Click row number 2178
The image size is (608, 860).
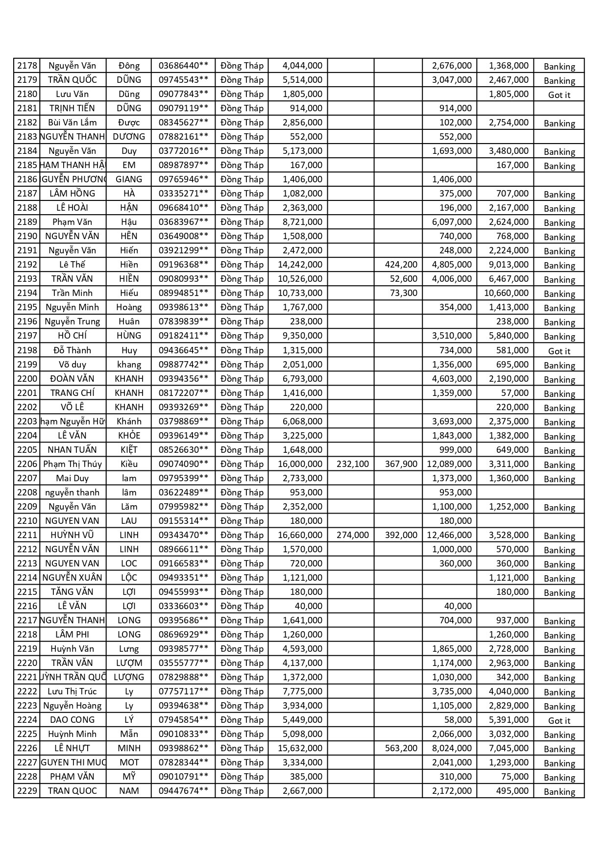point(27,66)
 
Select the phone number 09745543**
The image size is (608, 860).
point(183,80)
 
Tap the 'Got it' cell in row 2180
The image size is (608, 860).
point(559,95)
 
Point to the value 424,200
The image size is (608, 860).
point(401,265)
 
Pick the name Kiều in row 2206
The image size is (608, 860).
point(129,464)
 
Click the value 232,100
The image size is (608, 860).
point(352,464)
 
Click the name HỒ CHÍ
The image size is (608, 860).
point(72,336)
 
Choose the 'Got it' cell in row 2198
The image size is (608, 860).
point(559,351)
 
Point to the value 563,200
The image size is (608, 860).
point(401,748)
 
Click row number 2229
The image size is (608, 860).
point(27,791)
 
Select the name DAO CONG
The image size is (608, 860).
point(72,720)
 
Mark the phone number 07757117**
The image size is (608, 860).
point(183,691)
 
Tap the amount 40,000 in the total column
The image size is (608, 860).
point(308,606)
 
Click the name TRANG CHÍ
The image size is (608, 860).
point(72,393)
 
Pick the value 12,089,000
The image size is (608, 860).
point(449,464)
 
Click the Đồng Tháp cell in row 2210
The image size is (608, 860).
point(242,521)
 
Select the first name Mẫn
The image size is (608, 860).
point(129,734)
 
